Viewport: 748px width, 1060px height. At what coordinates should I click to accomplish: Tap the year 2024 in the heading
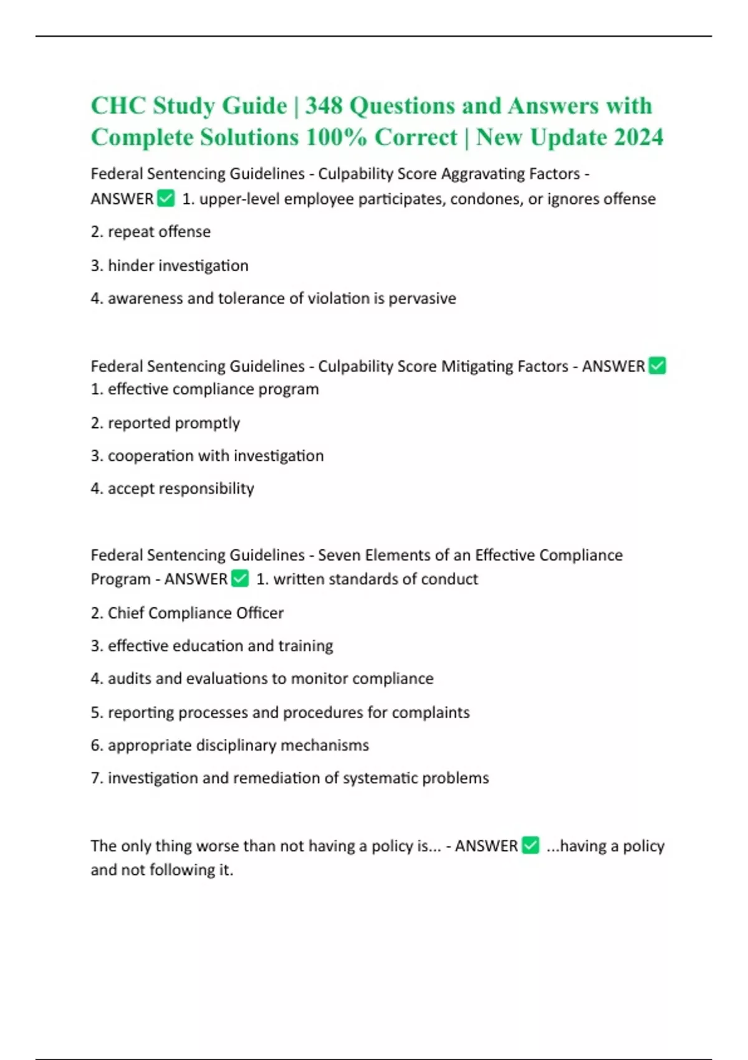(639, 137)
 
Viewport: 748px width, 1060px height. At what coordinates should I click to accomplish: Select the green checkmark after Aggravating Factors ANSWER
(166, 199)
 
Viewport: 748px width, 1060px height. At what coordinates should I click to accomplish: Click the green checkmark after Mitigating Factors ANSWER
(657, 366)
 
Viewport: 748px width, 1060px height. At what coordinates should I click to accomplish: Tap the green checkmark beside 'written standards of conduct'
(240, 579)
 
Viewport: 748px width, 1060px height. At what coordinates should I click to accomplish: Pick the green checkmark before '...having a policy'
(530, 846)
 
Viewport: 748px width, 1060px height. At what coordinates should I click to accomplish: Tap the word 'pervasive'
(422, 299)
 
